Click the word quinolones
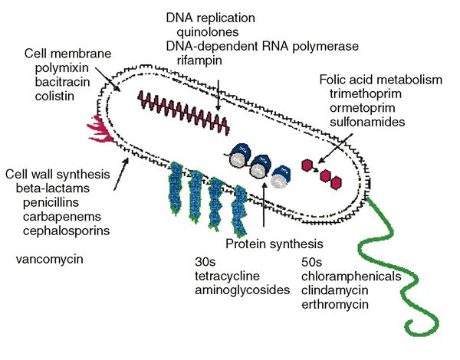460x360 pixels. (x=207, y=32)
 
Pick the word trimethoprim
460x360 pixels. (x=366, y=93)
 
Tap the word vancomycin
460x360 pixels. (x=49, y=259)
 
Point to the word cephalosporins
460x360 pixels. (x=66, y=230)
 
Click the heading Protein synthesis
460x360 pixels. (x=274, y=244)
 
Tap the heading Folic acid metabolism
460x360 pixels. (x=381, y=79)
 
